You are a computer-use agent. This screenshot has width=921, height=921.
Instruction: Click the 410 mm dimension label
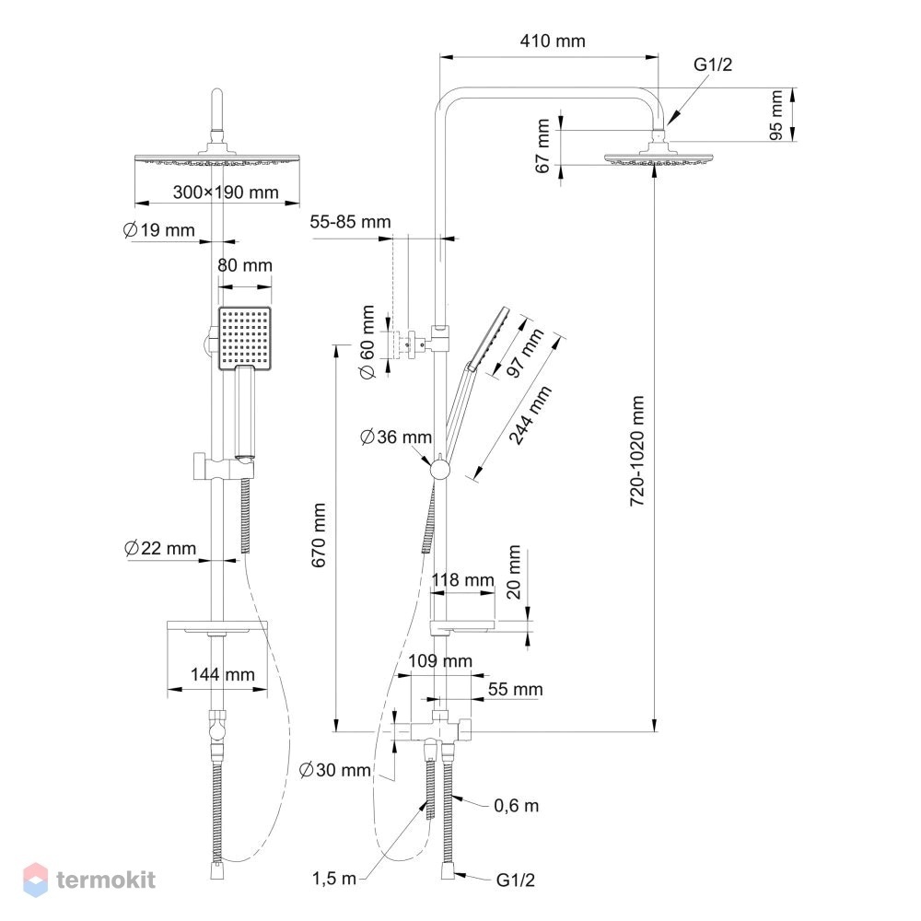point(552,41)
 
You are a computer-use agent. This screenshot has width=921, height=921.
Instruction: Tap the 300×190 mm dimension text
point(226,192)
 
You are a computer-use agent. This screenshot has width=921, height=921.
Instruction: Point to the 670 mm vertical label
point(319,534)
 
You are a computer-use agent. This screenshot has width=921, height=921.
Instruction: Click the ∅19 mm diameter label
point(158,229)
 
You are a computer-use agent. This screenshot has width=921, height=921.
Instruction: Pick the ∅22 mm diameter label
point(159,548)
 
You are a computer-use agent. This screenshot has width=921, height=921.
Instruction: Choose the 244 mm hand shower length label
point(530,415)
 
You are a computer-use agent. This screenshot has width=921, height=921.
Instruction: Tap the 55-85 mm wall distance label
point(350,221)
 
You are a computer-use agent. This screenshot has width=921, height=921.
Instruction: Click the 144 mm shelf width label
point(223,674)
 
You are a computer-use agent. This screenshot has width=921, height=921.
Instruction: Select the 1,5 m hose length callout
point(333,879)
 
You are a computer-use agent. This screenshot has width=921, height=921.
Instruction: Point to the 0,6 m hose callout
point(517,805)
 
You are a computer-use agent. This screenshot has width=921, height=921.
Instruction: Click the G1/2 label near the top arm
point(713,64)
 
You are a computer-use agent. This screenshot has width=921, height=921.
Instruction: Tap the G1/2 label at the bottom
point(516,880)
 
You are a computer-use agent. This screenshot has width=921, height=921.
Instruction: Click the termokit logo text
point(106,880)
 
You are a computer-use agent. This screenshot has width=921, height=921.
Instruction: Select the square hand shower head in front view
point(245,338)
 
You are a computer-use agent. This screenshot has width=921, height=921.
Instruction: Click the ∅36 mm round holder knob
point(439,470)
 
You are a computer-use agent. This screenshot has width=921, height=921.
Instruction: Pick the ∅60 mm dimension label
point(367,342)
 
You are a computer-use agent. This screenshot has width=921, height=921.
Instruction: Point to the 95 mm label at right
point(775,115)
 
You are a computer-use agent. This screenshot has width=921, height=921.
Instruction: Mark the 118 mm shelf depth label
point(463,579)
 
